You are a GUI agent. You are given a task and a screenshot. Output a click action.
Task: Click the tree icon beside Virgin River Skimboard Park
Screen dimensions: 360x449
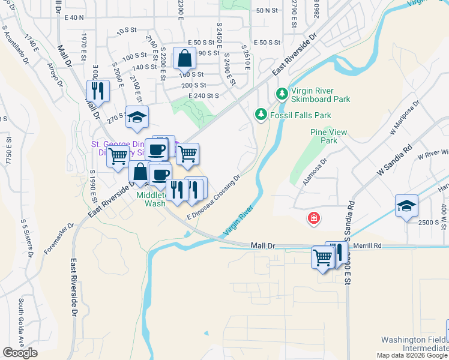point(281,94)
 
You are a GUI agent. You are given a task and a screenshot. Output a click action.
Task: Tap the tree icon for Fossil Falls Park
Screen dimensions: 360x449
point(261,114)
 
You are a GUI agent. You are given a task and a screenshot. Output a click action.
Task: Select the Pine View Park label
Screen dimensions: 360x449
point(324,136)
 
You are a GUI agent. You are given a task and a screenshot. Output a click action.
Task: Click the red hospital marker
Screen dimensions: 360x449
point(313,218)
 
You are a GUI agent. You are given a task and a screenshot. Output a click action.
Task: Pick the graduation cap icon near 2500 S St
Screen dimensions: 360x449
point(406,205)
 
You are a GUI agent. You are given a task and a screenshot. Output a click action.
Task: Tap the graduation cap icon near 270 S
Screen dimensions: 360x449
point(137,117)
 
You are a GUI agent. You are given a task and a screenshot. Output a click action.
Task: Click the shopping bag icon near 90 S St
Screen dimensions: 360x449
point(184,59)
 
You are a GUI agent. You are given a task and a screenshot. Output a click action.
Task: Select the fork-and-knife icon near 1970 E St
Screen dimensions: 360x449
point(97,91)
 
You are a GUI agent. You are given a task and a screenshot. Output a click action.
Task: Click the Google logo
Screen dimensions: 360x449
point(20,352)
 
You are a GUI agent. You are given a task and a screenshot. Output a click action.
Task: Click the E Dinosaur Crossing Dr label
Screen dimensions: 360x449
point(213,197)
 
